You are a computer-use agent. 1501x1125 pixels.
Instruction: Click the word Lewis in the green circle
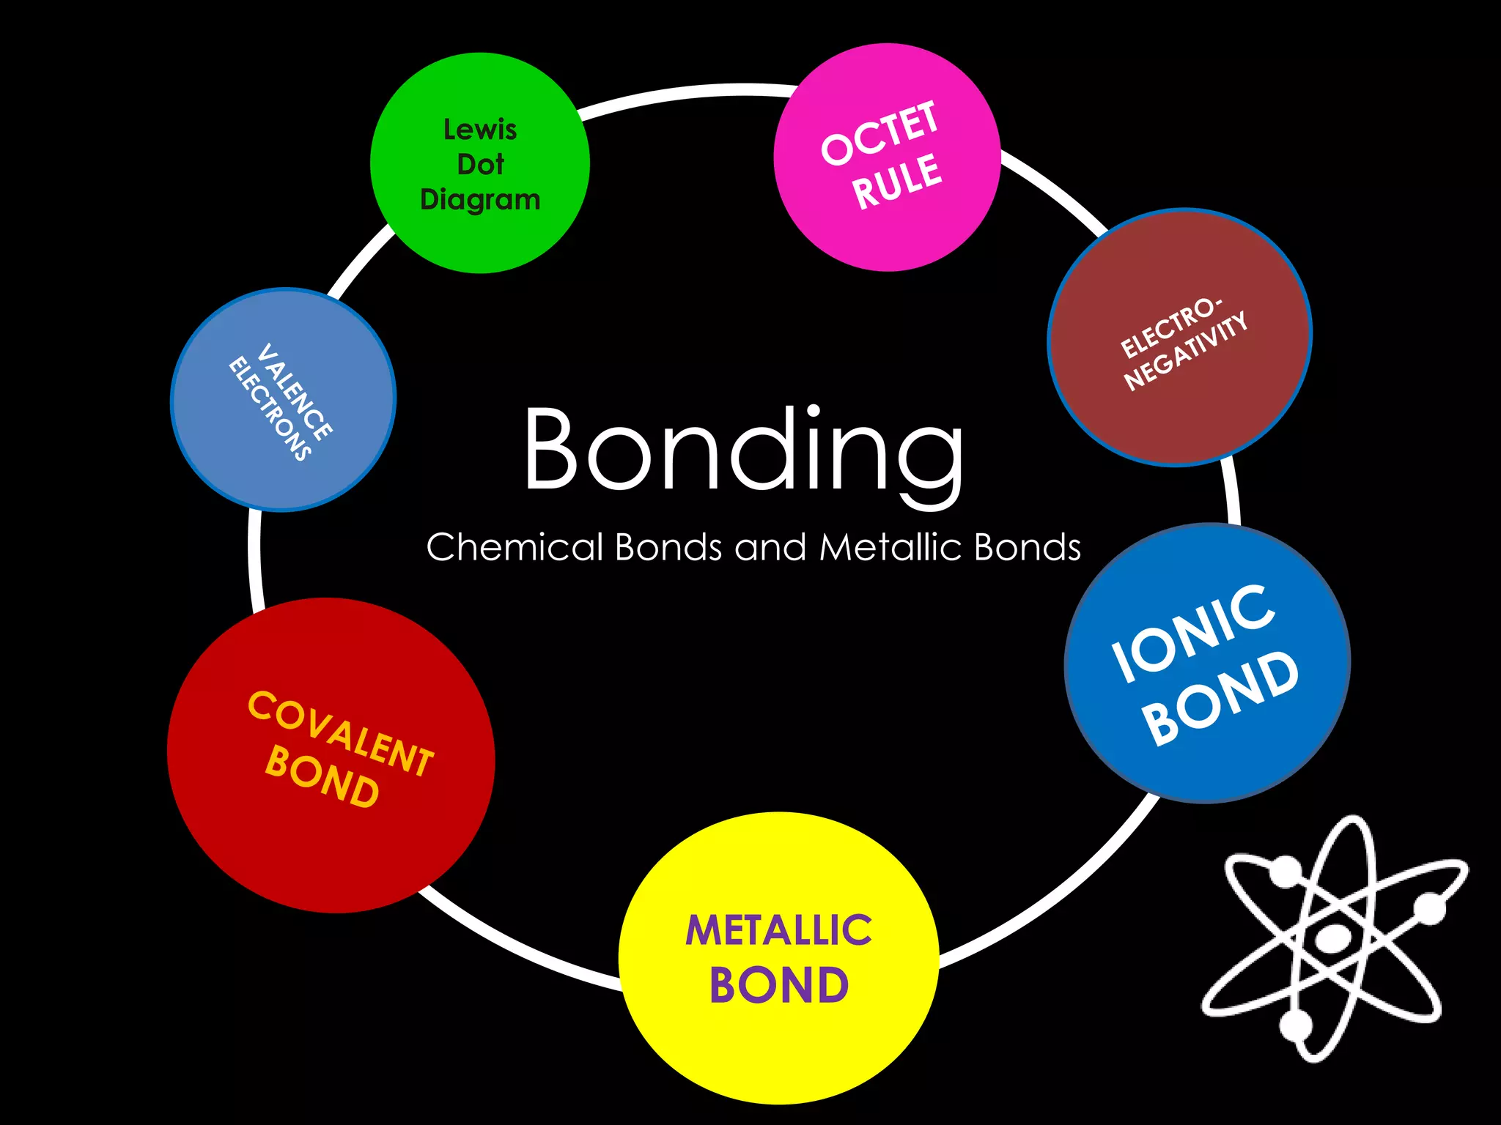pos(480,130)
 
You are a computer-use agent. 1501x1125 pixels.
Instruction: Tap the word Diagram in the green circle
pos(480,199)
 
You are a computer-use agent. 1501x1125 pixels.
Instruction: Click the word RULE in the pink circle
pos(897,182)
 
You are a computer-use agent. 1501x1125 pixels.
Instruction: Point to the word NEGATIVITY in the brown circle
pos(1186,352)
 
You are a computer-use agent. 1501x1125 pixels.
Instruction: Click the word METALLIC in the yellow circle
pos(778,930)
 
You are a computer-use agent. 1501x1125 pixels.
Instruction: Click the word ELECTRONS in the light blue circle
pos(270,409)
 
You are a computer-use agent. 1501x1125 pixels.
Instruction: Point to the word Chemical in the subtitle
pos(515,547)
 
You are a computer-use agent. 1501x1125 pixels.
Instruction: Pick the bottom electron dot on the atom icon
pos(1296,1025)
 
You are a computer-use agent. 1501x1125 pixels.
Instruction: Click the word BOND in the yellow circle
pos(778,985)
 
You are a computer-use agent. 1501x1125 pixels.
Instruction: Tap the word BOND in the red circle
pos(322,776)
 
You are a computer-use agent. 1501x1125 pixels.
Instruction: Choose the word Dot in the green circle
pos(480,164)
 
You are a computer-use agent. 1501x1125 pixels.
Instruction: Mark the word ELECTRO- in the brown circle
pos(1171,327)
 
